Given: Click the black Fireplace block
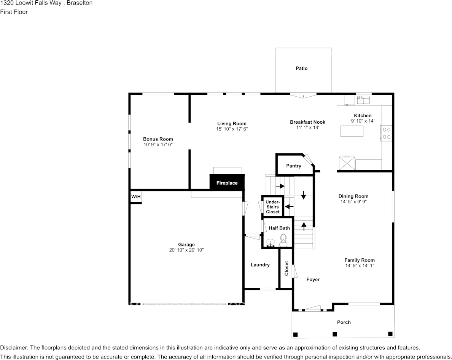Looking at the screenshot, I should point(227,183).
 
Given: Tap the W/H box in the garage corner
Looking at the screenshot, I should point(136,197).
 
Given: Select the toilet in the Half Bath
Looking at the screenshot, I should point(283,239).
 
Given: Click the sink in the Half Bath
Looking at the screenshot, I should point(271,242).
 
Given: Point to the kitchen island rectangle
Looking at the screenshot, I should point(352,131).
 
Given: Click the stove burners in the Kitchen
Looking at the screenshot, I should point(387,133).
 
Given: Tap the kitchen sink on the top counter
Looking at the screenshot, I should point(363,100).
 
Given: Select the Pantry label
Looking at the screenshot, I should point(293,166).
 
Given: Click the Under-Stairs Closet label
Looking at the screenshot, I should point(273,207).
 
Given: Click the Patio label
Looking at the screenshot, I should point(301,68).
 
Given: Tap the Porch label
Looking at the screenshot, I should point(344,322).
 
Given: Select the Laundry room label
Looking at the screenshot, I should point(260,265).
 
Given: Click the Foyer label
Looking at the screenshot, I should point(313,279).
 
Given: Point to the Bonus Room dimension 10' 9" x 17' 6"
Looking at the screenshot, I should point(158,145).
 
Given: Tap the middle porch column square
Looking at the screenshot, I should point(334,334).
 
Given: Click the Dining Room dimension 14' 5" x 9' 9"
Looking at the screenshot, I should point(353,202).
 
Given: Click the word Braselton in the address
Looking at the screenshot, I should point(80,3).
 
